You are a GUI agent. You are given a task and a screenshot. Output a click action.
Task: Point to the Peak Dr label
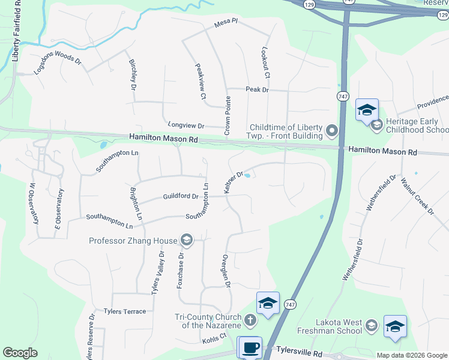[257, 89]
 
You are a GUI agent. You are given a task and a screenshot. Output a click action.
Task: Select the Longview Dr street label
[186, 126]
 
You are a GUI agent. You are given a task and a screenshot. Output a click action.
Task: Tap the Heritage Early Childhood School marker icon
[377, 125]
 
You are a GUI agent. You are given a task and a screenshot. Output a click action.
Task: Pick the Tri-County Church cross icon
[250, 321]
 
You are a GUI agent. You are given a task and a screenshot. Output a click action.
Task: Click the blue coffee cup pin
[251, 347]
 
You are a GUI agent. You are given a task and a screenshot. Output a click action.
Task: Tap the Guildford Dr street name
[181, 196]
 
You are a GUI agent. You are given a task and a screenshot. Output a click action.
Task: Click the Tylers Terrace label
[125, 311]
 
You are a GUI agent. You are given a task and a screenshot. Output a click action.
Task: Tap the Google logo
[20, 353]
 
